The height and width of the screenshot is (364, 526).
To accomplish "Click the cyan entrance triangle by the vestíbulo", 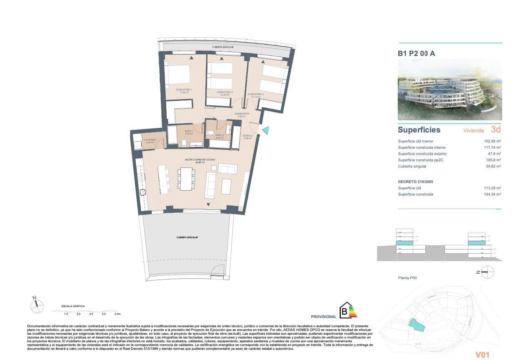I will tap(265, 130).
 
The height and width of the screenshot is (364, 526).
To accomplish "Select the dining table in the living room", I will tap(186, 178).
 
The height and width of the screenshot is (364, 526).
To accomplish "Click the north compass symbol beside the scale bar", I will tap(37, 305).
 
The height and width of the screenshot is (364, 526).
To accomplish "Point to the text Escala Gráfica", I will tap(73, 306).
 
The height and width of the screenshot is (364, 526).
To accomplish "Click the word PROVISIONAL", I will tap(324, 317).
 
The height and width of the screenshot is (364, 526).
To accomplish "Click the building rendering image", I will tap(450, 89).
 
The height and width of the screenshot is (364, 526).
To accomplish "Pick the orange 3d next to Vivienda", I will tap(496, 130).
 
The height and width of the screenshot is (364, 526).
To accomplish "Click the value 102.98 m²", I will tap(492, 141).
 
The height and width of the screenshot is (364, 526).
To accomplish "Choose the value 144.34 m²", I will tap(492, 194).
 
